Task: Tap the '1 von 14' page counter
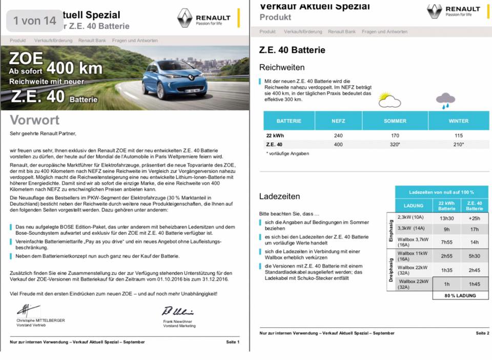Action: [35, 21]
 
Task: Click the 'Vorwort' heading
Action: [35, 121]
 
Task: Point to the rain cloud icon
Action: [445, 100]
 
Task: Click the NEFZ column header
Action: [338, 121]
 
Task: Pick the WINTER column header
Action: [458, 121]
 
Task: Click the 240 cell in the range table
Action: [338, 135]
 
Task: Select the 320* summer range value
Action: [395, 145]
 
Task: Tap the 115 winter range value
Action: [458, 135]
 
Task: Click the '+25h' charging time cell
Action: [475, 217]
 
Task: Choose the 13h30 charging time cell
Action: [446, 217]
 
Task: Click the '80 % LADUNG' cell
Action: [460, 295]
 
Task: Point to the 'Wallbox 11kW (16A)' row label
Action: [413, 256]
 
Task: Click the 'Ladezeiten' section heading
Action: [280, 196]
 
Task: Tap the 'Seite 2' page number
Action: [482, 333]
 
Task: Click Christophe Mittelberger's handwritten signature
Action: [28, 310]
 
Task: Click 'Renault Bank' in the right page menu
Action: [342, 32]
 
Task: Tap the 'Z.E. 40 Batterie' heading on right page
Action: [292, 50]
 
